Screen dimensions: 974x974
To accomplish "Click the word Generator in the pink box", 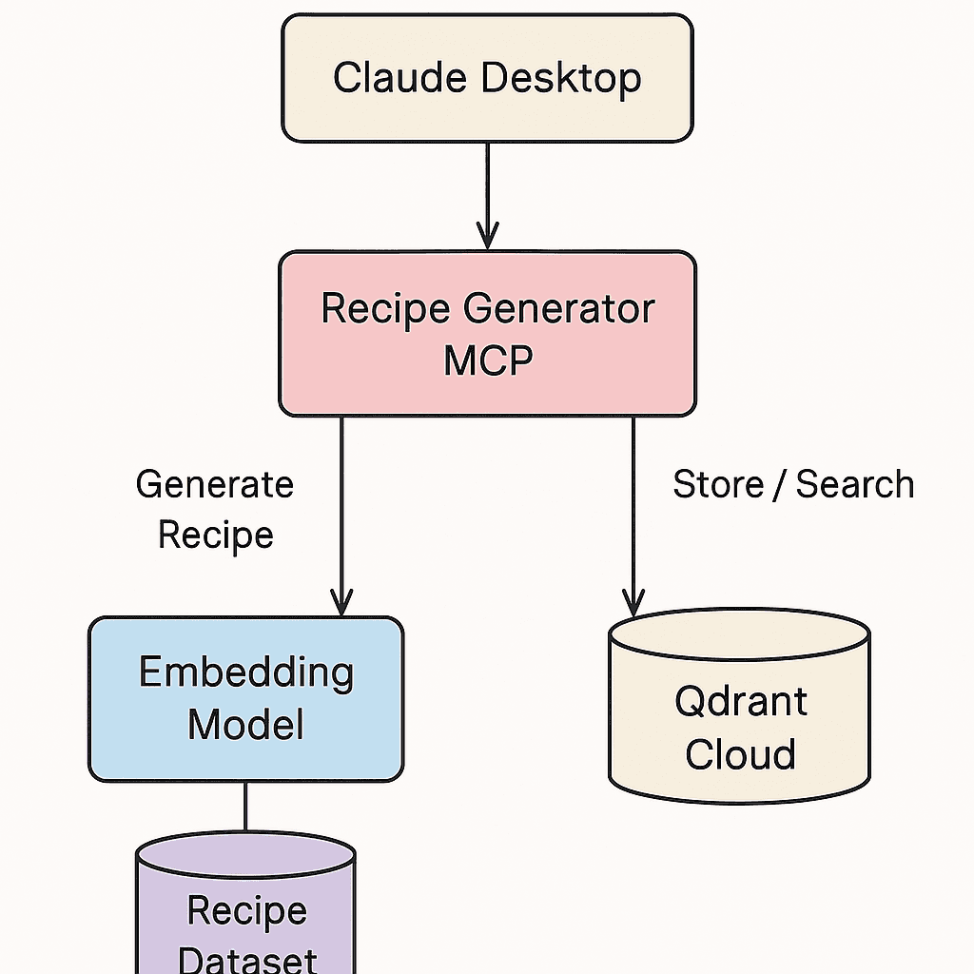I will point(558,309).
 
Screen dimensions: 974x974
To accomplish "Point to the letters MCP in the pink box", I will point(488,360).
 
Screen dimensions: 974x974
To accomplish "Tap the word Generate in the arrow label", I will point(215,485).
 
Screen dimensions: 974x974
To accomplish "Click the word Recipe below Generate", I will point(215,535).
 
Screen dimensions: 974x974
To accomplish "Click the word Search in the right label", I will point(854,485).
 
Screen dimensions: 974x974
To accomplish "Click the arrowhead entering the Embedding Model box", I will point(341,602).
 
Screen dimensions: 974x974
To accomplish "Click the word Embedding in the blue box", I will point(246,673).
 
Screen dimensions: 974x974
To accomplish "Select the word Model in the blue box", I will point(246,725).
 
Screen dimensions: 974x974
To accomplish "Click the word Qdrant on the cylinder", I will point(740,702).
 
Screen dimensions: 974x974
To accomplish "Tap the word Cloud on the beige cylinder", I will point(740,755).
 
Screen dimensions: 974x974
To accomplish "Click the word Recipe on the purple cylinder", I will point(246,910).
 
